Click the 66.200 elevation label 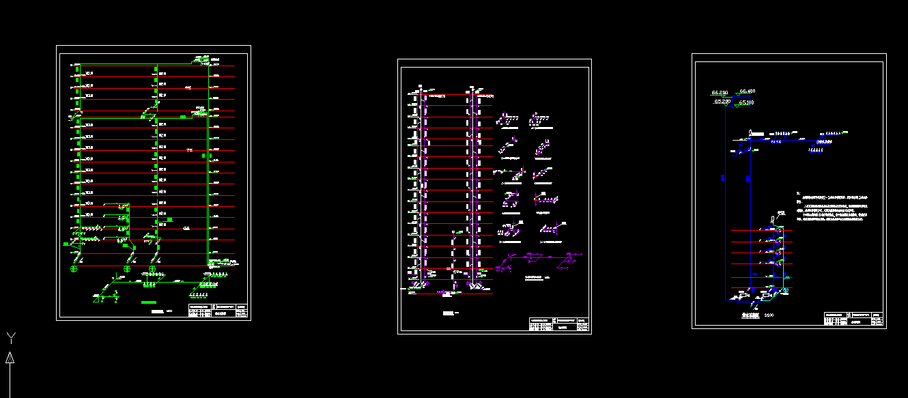point(720,91)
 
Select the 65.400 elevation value point(746,91)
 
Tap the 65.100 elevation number point(746,102)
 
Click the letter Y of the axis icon point(10,337)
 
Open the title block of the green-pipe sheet point(218,310)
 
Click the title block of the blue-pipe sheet point(853,319)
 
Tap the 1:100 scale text point(769,315)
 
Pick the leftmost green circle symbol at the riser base point(74,269)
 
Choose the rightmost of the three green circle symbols point(152,269)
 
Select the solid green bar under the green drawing point(149,302)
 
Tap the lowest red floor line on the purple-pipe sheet point(451,294)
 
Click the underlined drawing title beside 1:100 point(750,315)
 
